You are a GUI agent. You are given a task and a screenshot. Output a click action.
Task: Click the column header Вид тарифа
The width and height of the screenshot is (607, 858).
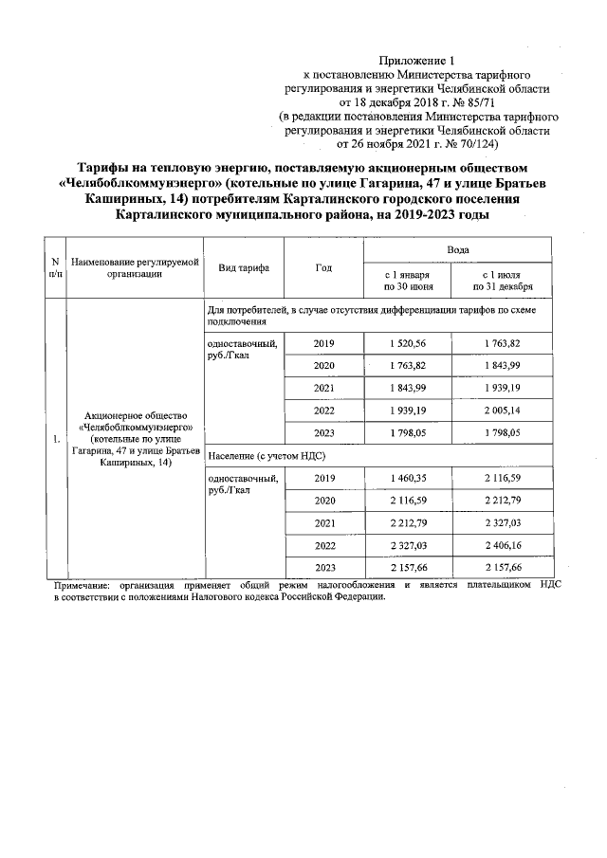(244, 267)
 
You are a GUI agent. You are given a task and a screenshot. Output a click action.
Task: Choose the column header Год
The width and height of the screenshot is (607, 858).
(323, 267)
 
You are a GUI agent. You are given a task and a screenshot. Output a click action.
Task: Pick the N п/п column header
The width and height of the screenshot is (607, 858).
(55, 267)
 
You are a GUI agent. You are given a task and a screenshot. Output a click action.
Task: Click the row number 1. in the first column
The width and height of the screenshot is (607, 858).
(55, 439)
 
